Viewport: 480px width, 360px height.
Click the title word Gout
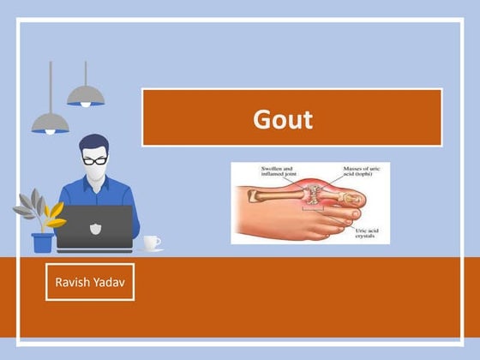(x=283, y=118)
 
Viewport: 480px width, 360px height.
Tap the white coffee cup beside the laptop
(x=151, y=242)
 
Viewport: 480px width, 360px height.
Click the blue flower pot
(x=42, y=242)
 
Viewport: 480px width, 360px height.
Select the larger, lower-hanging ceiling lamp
(x=50, y=123)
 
